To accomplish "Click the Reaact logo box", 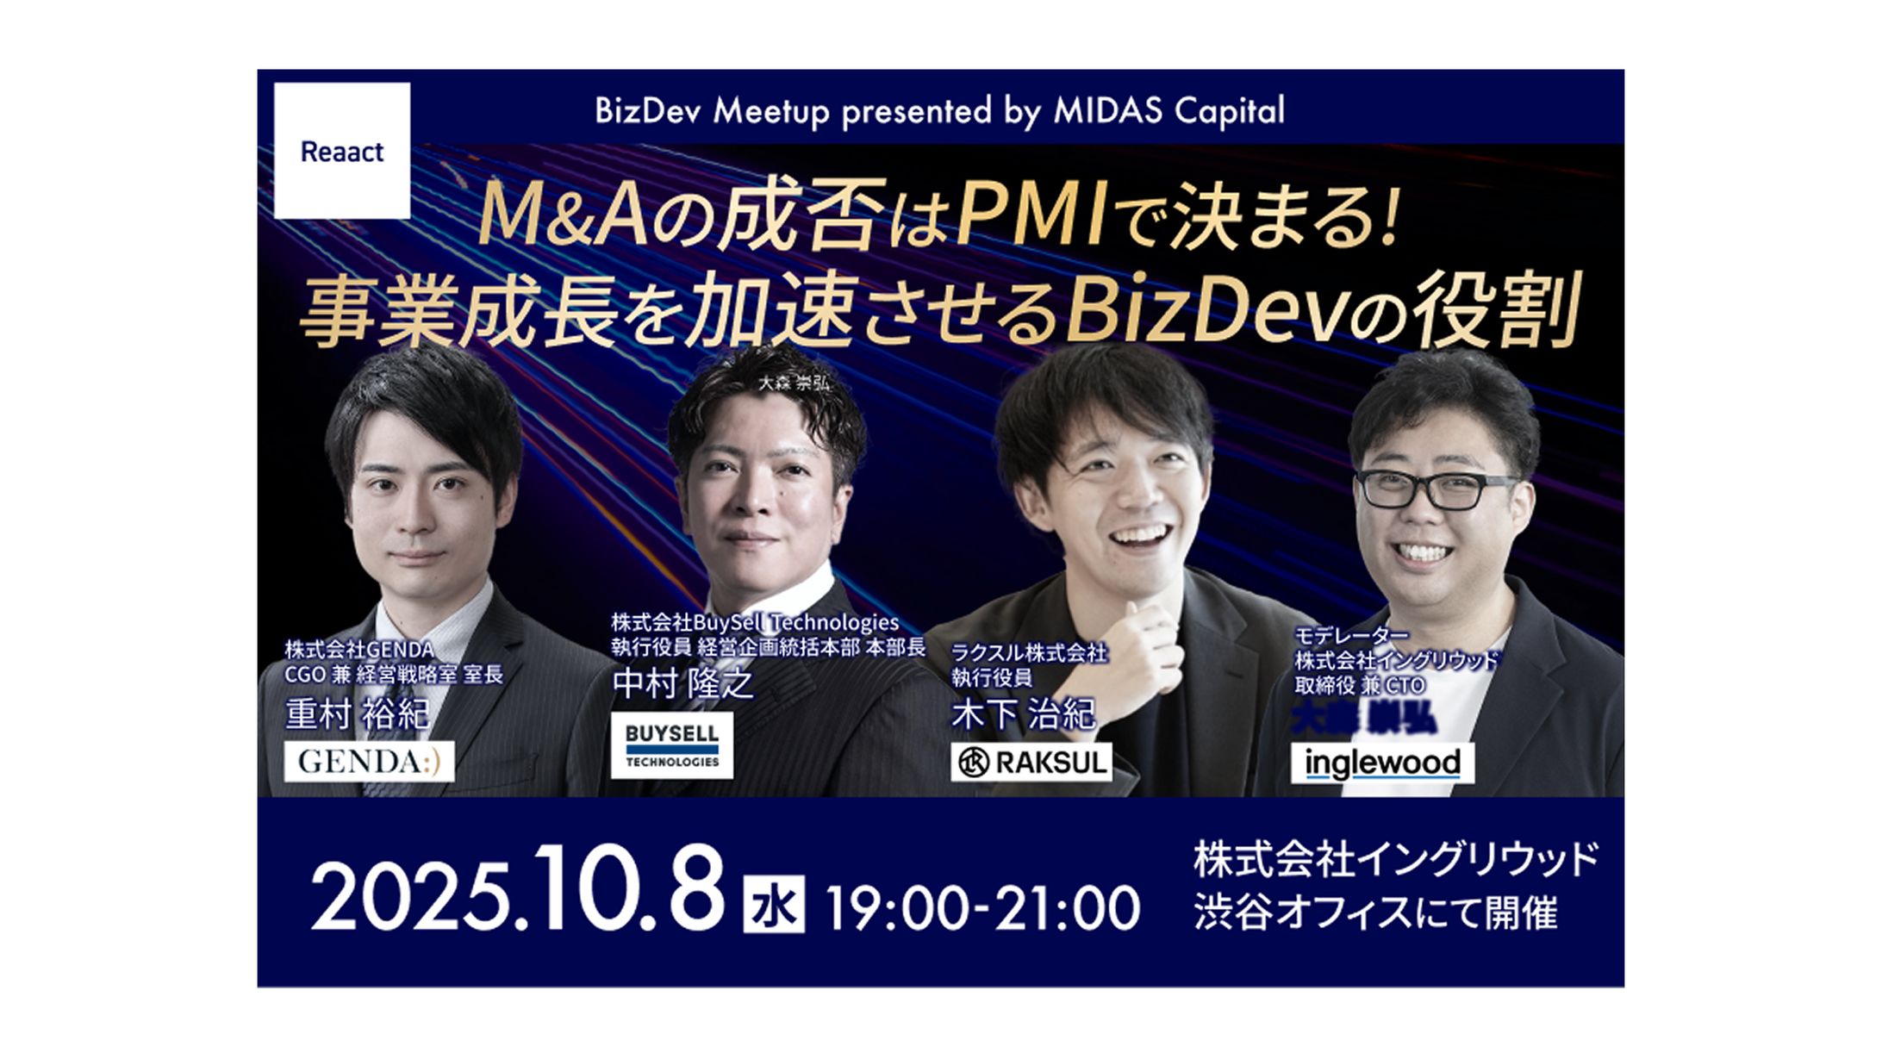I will [342, 151].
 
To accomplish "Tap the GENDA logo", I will [369, 762].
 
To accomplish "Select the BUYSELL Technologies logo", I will [671, 745].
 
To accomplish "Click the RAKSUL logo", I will [1031, 763].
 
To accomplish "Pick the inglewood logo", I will [1382, 763].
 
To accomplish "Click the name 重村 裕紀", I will [357, 714].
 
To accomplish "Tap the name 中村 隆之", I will [682, 684].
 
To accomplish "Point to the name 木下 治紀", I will [1023, 714].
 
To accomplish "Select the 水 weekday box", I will [774, 904].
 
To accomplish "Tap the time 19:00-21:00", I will [983, 908].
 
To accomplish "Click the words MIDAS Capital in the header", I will [1168, 111].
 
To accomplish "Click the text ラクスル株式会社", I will [1029, 653].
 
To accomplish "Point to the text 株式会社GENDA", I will [359, 649].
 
